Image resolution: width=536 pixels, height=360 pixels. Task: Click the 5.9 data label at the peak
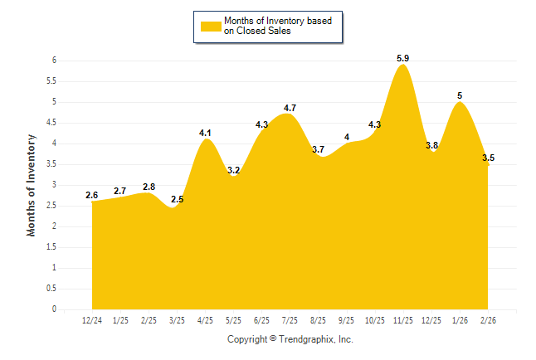click(403, 57)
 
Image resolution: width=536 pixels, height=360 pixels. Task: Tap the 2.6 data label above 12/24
click(92, 195)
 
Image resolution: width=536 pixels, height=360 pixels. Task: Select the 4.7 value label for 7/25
click(290, 108)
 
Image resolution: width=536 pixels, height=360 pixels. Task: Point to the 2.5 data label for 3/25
click(177, 199)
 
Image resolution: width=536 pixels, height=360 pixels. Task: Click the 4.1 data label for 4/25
click(206, 133)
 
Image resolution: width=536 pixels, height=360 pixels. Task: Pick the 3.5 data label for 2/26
click(488, 158)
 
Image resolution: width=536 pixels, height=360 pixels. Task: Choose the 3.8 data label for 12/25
click(431, 145)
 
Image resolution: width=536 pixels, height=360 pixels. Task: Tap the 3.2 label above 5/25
click(234, 170)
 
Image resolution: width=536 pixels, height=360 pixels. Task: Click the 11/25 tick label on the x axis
click(403, 320)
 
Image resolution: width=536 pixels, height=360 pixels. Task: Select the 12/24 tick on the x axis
click(92, 320)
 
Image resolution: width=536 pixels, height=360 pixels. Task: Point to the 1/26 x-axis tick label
click(460, 320)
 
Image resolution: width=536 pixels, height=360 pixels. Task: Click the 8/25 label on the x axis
click(319, 320)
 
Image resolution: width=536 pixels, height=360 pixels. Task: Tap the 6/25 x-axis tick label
click(262, 320)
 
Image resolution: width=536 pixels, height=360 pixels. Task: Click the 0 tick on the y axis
click(54, 309)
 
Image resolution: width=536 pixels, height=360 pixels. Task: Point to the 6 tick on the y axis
click(54, 61)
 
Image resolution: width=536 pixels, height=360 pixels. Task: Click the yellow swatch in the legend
click(210, 26)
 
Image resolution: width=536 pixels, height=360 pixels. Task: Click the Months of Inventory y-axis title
click(32, 185)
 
